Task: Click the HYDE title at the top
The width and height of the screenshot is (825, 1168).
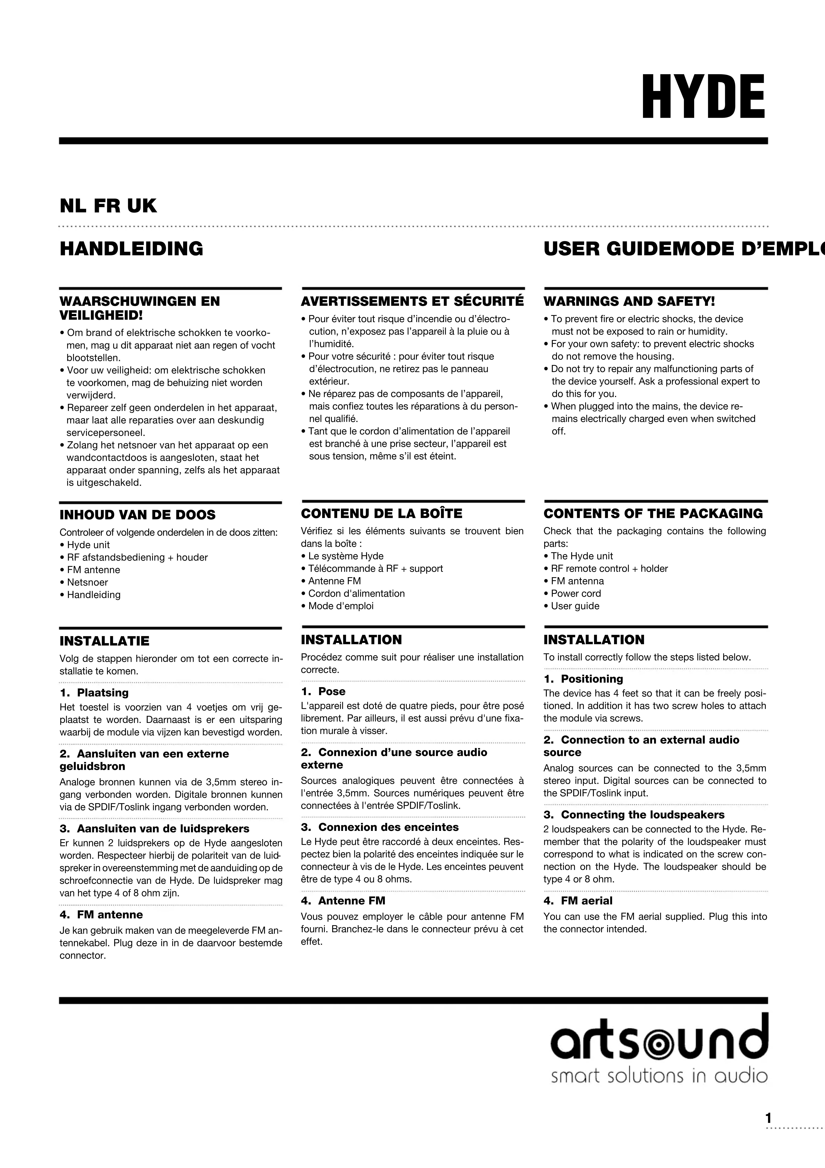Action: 703,97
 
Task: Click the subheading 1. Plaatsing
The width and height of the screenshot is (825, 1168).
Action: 94,693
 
